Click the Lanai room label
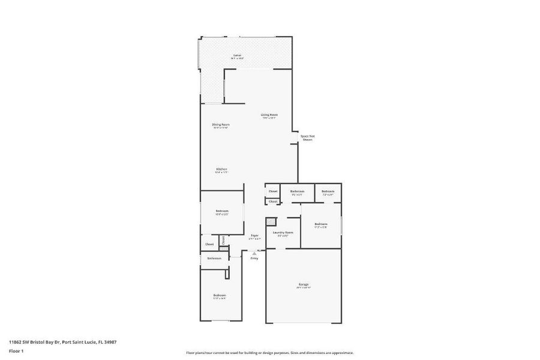point(238,55)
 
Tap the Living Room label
point(269,115)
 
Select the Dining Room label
point(221,124)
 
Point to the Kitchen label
point(221,169)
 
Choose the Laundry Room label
point(283,232)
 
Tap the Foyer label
point(254,235)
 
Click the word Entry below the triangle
point(254,258)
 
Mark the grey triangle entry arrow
point(254,253)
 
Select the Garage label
point(304,284)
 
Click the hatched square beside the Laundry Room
point(272,221)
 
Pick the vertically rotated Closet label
point(223,240)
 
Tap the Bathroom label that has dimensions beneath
point(297,191)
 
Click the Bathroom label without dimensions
point(214,258)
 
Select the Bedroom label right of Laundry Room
point(320,224)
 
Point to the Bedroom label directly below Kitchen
point(221,211)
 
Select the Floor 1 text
point(16,350)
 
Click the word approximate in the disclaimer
point(341,353)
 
